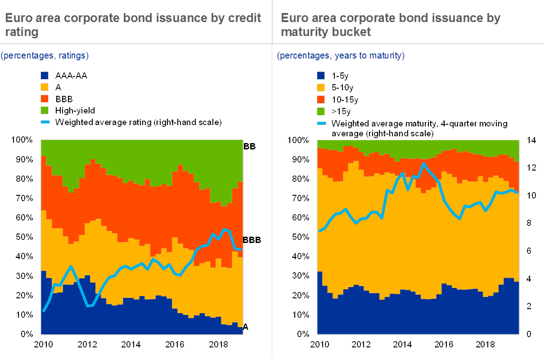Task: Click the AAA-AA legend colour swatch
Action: [x=45, y=76]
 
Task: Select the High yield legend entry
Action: [x=74, y=110]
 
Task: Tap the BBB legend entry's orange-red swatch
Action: [x=45, y=99]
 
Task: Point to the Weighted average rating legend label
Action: [x=138, y=122]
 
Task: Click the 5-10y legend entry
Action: [x=342, y=87]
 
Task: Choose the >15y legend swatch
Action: [x=321, y=111]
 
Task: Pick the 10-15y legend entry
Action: [x=344, y=99]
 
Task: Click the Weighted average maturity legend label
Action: [x=418, y=128]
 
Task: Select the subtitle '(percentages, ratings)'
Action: [x=45, y=56]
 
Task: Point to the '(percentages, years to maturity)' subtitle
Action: [x=341, y=56]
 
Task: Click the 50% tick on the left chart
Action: [x=22, y=237]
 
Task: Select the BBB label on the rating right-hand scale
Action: [x=253, y=240]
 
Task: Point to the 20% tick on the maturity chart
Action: [x=299, y=295]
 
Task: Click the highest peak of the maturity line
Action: [x=423, y=164]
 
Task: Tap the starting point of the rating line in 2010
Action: [x=44, y=310]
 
